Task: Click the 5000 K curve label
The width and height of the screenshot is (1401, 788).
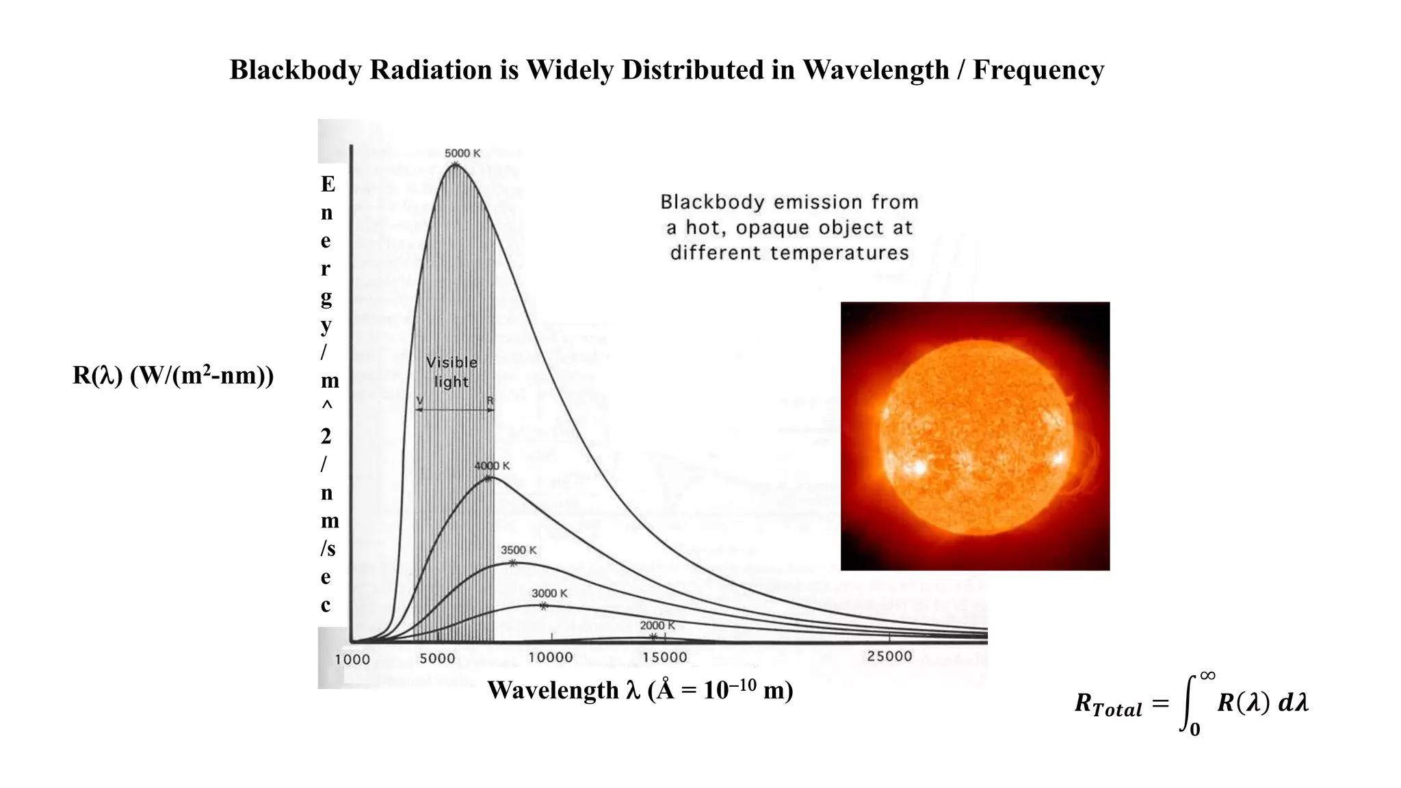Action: coord(462,153)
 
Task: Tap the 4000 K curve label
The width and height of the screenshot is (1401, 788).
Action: coord(492,466)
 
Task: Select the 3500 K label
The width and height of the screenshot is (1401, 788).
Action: coord(519,550)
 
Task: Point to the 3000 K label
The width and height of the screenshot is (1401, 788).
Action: coord(549,594)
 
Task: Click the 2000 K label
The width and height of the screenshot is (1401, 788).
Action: coord(657,625)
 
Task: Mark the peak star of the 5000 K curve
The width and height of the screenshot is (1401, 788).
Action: coord(455,164)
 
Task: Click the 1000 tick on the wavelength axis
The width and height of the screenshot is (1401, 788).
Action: coord(352,659)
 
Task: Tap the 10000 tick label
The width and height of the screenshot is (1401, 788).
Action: coord(551,657)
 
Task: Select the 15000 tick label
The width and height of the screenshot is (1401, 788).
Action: coord(665,657)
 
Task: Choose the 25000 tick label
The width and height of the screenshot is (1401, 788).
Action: coord(889,656)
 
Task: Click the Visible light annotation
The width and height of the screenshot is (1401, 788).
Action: coord(451,372)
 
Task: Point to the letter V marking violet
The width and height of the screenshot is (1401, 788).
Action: coord(419,400)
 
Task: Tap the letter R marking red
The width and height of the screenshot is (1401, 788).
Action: coord(490,400)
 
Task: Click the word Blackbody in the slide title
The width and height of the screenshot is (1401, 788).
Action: coord(295,70)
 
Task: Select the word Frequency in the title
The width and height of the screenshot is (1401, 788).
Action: coord(1038,70)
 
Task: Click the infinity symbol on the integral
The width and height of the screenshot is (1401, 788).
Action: coord(1207,677)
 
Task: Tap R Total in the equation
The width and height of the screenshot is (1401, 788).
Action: coord(1108,705)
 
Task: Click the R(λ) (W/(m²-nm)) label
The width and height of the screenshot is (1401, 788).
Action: coord(173,376)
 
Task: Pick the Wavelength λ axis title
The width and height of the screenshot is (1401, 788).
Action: coord(640,690)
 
